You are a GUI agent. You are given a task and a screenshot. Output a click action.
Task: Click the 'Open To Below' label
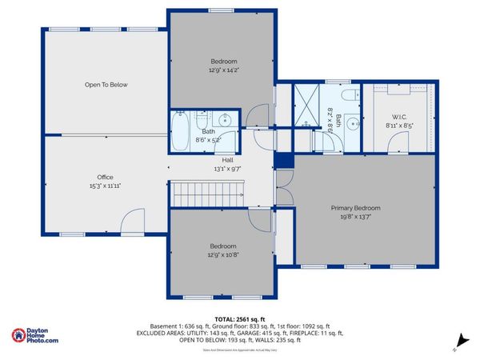click(x=106, y=84)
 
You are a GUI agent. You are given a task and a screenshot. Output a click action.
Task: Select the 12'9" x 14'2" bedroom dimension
click(x=223, y=70)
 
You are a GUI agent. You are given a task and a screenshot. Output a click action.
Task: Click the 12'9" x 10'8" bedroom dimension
click(x=223, y=254)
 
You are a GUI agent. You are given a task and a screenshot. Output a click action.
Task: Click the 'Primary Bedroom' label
click(x=356, y=208)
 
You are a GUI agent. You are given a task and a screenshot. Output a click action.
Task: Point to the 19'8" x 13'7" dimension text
click(x=356, y=216)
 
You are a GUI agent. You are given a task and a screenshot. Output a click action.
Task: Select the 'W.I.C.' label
click(x=400, y=116)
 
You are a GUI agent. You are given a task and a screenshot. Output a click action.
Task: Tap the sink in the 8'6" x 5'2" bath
click(x=226, y=121)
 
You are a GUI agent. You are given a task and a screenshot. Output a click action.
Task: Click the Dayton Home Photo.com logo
click(x=36, y=336)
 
